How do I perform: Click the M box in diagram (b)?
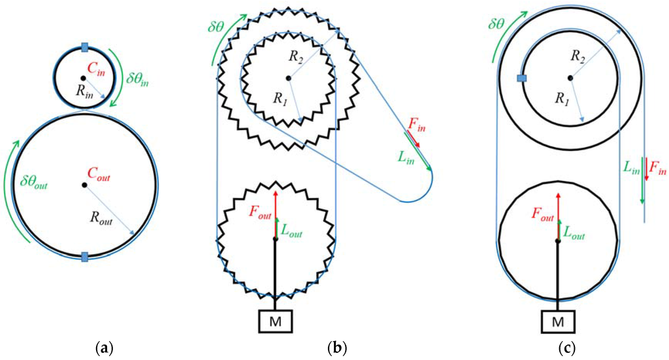276,320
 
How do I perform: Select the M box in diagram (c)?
557,320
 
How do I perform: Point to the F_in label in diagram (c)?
657,171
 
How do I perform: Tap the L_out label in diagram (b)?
292,229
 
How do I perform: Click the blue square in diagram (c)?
521,79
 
